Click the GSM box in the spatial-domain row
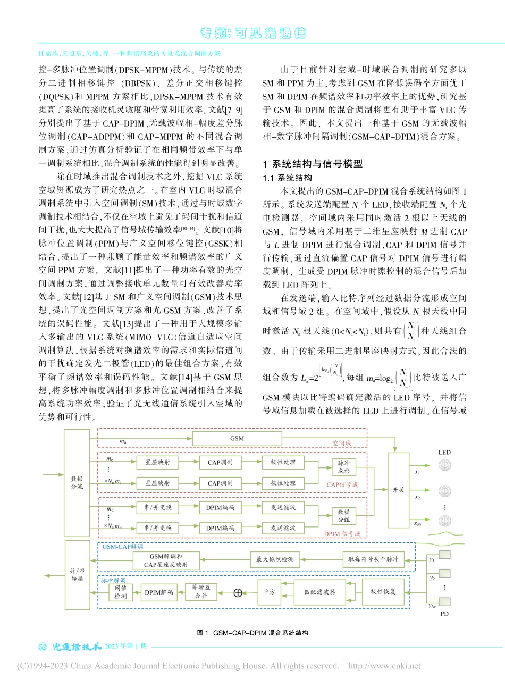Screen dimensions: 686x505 (x=237, y=439)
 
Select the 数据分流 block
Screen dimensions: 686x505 (x=77, y=482)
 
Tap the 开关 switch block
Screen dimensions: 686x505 (x=398, y=490)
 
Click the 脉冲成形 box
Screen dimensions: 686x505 (x=343, y=467)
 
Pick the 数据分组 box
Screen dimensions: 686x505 (x=343, y=516)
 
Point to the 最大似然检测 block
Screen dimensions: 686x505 (x=275, y=559)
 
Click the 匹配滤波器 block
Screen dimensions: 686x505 (x=319, y=592)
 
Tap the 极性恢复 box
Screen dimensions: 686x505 (x=383, y=592)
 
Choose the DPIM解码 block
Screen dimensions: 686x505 (x=159, y=592)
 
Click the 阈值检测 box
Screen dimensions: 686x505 (x=121, y=592)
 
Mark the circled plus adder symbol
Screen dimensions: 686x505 (x=238, y=592)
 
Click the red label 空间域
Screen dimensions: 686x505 (x=342, y=443)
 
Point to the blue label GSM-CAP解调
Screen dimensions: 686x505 (x=123, y=546)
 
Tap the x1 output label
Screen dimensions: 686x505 (x=417, y=472)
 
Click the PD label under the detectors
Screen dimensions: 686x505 (x=444, y=614)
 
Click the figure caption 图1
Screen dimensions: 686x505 (x=203, y=633)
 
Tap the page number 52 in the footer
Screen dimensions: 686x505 (x=44, y=647)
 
